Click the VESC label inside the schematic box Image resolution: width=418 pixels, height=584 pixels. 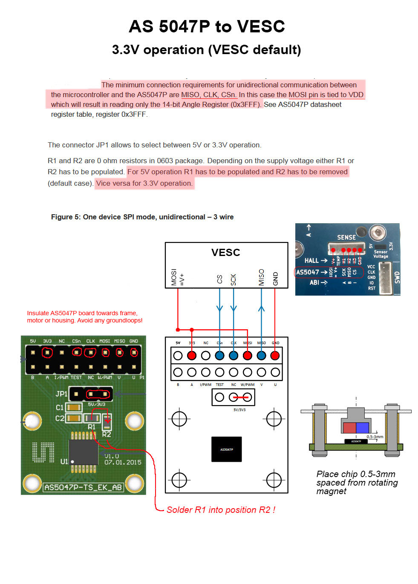pos(225,253)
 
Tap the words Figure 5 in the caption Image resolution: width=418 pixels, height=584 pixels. pos(65,217)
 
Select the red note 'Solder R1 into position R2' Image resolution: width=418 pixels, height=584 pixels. pos(220,510)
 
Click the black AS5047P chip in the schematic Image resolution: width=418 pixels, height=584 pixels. pos(227,449)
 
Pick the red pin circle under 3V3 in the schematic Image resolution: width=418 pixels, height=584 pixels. pos(192,355)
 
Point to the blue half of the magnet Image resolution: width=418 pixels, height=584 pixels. pos(362,428)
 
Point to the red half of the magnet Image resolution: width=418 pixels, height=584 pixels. pos(349,428)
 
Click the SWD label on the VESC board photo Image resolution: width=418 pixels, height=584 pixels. pos(397,277)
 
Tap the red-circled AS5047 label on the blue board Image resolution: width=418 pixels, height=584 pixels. pos(307,272)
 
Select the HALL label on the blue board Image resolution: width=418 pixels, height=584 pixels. pos(311,261)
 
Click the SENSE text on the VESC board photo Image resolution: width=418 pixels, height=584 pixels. pos(346,237)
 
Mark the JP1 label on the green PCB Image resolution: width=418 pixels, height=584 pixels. pos(61,394)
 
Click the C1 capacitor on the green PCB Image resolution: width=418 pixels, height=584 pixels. pos(74,407)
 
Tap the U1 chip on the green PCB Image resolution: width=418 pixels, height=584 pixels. pos(83,452)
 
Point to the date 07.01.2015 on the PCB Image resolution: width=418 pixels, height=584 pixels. pos(123,462)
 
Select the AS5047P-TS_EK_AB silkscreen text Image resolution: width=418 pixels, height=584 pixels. pos(83,487)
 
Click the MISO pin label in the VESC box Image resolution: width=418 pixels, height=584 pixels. pos(261,277)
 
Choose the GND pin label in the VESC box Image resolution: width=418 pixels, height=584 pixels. pos(275,279)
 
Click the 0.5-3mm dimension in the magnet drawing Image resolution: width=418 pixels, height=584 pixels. pos(375,437)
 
